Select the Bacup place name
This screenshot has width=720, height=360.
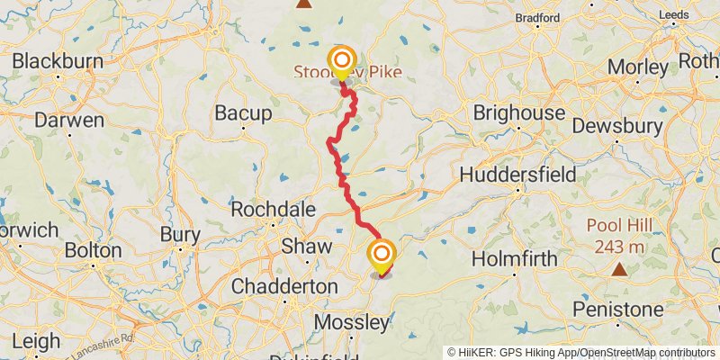click(x=243, y=113)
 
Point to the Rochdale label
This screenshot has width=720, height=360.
click(x=274, y=209)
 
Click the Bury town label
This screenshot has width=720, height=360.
click(x=179, y=234)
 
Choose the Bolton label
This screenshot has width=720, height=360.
click(x=92, y=249)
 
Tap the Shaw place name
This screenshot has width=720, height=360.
click(x=307, y=246)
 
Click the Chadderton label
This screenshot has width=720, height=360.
click(x=284, y=285)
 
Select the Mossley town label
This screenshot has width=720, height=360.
click(x=352, y=321)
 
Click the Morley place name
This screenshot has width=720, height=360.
click(x=638, y=67)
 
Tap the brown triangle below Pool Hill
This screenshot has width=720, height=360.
click(x=619, y=269)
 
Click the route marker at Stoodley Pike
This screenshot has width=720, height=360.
click(x=342, y=62)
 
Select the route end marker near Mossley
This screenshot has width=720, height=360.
click(x=382, y=255)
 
